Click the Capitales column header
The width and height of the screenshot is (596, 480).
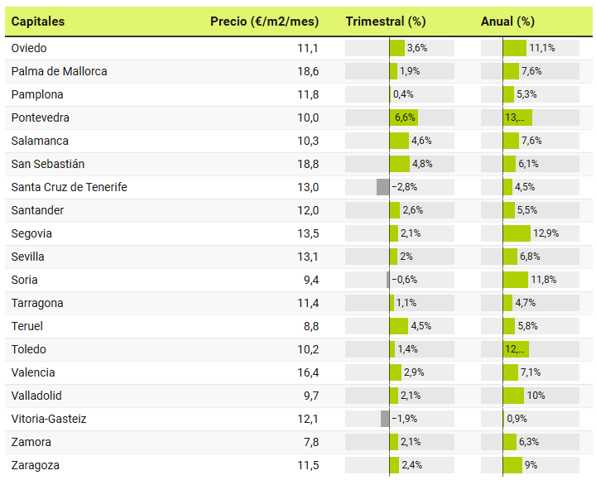coord(38,22)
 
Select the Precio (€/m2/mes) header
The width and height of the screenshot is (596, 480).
coord(264,22)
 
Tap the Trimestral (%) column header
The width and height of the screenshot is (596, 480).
coord(385,22)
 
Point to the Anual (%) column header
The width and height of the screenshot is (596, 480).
coord(507,22)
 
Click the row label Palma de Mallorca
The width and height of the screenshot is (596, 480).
coord(60,71)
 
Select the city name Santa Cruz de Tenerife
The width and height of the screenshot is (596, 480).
coord(70,187)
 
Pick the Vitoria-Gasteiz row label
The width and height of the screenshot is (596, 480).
coord(49,419)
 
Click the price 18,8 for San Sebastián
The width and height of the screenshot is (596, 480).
coord(308,164)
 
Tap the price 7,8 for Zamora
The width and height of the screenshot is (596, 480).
coord(310,442)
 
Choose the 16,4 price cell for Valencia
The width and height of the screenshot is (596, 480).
coord(308,372)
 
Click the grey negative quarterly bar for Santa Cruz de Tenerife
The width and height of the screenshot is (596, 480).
coord(382,187)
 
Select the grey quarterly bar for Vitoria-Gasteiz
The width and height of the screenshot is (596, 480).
coord(385,419)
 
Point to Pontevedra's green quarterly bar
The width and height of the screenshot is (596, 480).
coord(403,118)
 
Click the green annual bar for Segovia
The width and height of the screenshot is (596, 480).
coord(517,233)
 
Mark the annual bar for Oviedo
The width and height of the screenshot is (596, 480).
coord(514,48)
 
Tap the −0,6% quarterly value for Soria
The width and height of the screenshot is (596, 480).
coord(404,280)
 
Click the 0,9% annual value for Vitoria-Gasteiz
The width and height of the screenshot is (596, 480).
coord(517,419)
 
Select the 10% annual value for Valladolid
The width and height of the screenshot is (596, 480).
coord(536,396)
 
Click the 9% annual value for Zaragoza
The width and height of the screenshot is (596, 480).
coord(531,465)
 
